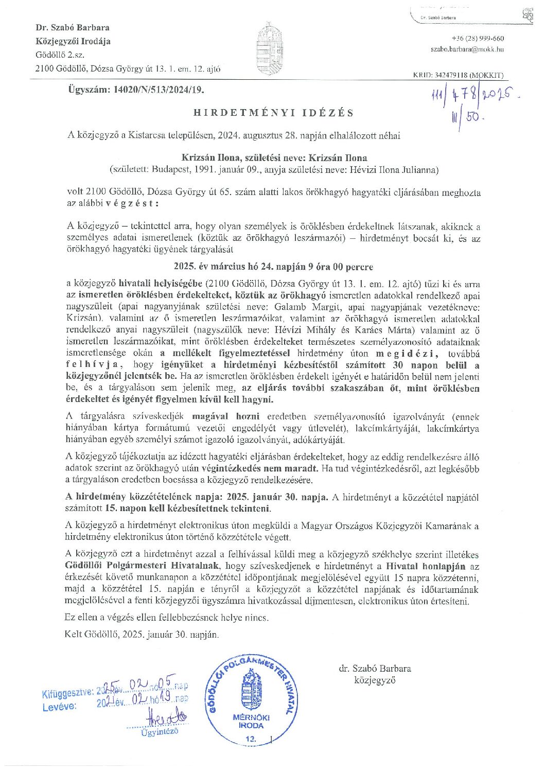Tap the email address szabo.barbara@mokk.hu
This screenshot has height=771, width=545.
467,49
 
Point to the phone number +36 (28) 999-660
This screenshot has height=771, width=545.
478,39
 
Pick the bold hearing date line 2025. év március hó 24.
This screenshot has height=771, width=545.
273,267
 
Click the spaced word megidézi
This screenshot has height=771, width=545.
407,354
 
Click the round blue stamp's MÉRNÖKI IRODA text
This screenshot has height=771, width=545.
251,722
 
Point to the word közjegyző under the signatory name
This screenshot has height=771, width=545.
375,680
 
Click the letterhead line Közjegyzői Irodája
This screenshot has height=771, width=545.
73,41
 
